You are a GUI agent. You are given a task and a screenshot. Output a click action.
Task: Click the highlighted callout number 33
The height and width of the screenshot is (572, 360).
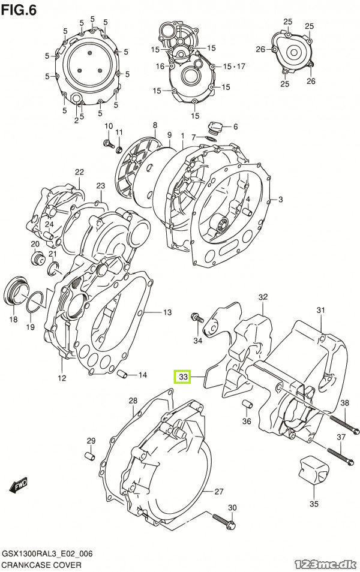click(183, 377)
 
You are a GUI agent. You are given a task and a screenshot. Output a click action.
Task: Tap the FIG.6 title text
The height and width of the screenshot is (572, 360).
click(19, 10)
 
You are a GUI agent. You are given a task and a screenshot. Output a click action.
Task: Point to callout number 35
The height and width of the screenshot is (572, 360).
click(314, 504)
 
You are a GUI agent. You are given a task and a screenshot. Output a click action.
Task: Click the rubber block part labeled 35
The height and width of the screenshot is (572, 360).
click(314, 471)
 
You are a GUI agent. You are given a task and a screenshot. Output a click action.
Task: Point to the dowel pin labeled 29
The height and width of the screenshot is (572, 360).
click(90, 456)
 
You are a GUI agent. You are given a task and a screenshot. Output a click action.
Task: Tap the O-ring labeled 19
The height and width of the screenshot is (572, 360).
click(35, 302)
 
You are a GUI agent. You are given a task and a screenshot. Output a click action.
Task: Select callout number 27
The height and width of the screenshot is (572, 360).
click(218, 492)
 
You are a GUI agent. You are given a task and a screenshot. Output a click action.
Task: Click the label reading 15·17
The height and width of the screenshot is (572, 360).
click(234, 66)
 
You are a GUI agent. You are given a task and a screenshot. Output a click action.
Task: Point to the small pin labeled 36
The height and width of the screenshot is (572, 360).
click(247, 404)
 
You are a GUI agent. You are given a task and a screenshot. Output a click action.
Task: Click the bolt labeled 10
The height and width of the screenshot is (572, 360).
click(107, 143)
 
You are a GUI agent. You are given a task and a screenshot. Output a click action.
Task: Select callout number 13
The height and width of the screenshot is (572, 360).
click(167, 312)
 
